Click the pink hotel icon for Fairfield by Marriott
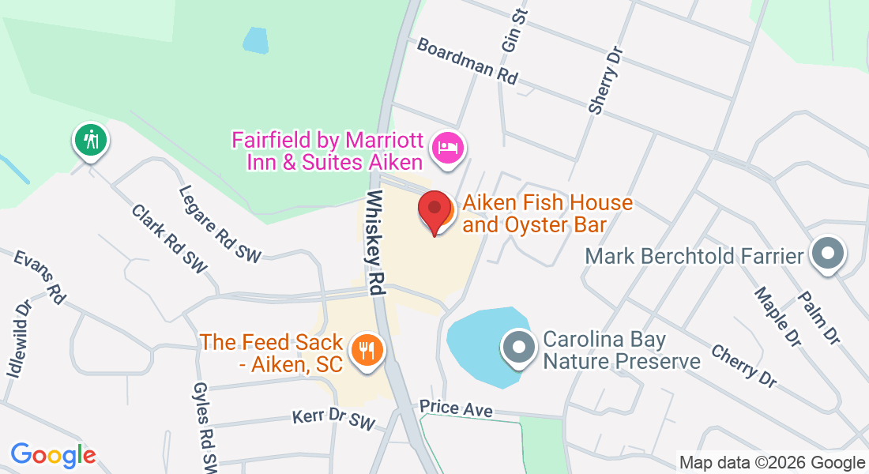pos(448,148)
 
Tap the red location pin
pos(434,211)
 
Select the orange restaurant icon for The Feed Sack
pos(366,348)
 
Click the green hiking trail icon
pos(92,140)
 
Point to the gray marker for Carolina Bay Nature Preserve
pos(519,347)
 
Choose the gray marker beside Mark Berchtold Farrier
pos(828,255)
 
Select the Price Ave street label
pos(456,408)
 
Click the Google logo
pos(53,455)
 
